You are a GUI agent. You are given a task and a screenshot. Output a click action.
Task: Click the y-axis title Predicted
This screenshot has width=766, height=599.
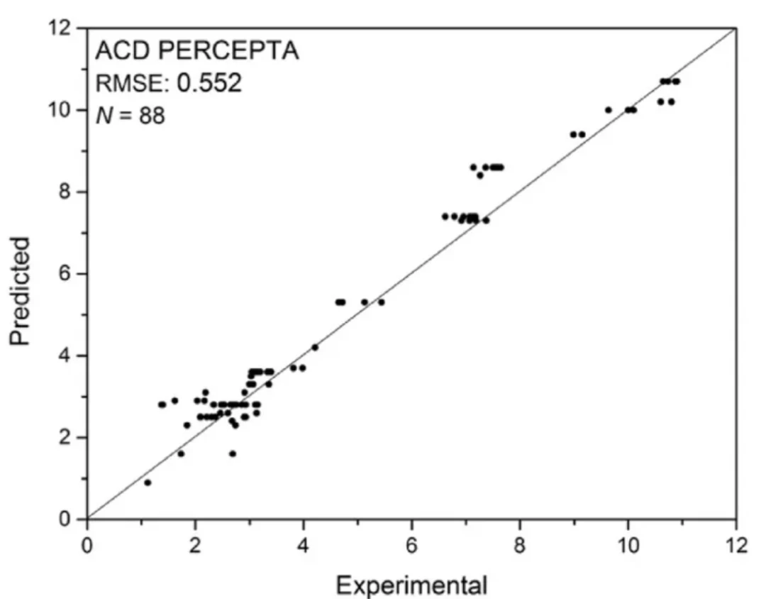coord(20,292)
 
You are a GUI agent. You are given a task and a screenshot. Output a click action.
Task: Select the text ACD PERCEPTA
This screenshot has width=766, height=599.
coord(197,50)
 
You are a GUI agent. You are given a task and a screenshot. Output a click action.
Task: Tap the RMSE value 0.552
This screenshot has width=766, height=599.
coord(209,83)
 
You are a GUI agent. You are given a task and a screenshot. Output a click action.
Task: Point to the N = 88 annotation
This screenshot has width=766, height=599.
coord(131,116)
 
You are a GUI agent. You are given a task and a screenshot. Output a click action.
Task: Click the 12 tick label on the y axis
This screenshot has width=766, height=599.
coord(60,28)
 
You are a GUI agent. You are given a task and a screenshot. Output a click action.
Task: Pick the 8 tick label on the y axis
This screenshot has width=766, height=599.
coord(67,192)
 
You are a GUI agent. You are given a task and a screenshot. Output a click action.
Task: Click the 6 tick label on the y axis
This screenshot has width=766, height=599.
coord(67,273)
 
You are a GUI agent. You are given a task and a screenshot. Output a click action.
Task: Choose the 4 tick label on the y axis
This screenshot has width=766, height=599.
coord(67,355)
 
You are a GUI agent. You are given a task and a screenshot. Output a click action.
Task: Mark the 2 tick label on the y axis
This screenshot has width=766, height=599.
coord(67,436)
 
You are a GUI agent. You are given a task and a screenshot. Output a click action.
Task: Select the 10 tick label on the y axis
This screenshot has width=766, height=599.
coord(60,110)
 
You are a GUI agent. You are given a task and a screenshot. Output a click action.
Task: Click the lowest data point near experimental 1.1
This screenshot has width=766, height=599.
coord(148,483)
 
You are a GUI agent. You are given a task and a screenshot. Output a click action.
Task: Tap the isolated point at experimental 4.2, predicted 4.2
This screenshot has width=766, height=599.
coord(315,347)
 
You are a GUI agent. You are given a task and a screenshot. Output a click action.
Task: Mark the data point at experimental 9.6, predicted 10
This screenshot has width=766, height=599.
coord(609,110)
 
